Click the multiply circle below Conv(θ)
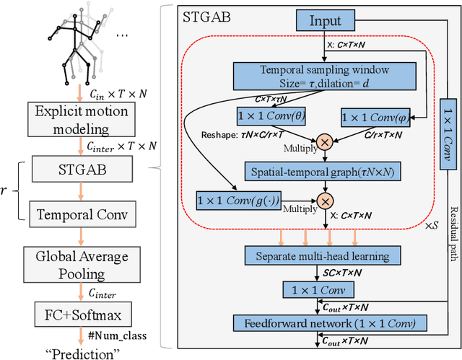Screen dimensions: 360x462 point(325,142)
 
